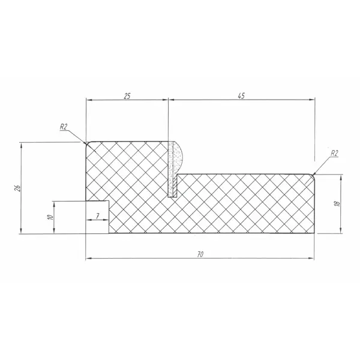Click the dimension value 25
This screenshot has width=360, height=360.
(x=127, y=96)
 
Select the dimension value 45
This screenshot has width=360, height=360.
(x=241, y=96)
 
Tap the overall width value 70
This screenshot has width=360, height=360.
(x=200, y=254)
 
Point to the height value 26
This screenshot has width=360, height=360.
(x=18, y=188)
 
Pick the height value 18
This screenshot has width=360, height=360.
(x=337, y=203)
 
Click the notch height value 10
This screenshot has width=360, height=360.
(x=50, y=217)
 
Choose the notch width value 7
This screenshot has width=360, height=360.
(x=98, y=216)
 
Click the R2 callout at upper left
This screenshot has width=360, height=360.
(x=64, y=127)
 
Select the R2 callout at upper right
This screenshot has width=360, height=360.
(x=334, y=153)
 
